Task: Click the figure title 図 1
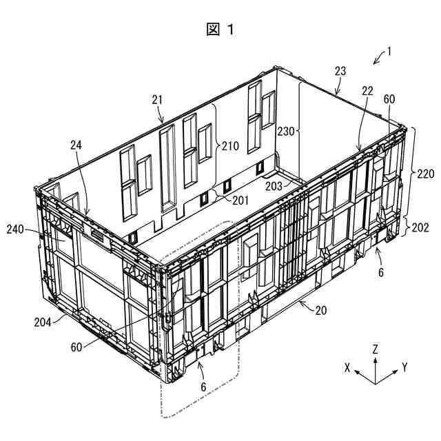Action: coord(220,29)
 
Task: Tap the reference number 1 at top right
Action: coord(389,50)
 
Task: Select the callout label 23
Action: coord(340,71)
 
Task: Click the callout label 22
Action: coord(367,90)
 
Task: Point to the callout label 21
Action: coord(157,100)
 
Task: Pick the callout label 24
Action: coord(75,145)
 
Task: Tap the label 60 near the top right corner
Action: coord(389,99)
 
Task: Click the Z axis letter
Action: coord(375,349)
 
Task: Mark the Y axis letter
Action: coord(404,367)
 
